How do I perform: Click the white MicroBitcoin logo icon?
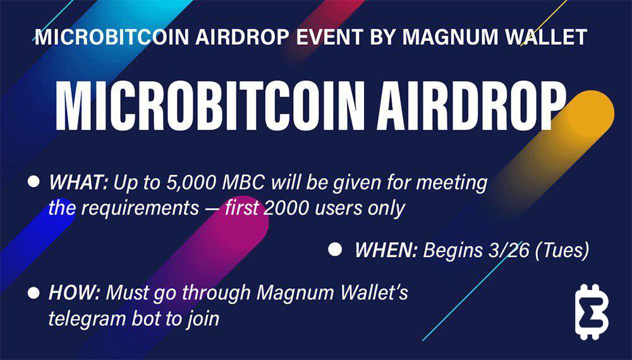pyautogui.click(x=592, y=311)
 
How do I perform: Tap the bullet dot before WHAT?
pyautogui.click(x=34, y=181)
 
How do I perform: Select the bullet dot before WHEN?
pyautogui.click(x=335, y=249)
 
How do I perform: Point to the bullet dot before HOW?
pyautogui.click(x=34, y=292)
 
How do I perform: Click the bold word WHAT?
pyautogui.click(x=78, y=183)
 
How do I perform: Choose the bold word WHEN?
pyautogui.click(x=386, y=251)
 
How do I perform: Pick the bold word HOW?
pyautogui.click(x=74, y=293)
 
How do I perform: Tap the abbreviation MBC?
pyautogui.click(x=244, y=183)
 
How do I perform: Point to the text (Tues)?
pyautogui.click(x=562, y=251)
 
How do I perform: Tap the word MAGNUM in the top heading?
pyautogui.click(x=450, y=37)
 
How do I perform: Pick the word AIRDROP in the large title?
pyautogui.click(x=470, y=106)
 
